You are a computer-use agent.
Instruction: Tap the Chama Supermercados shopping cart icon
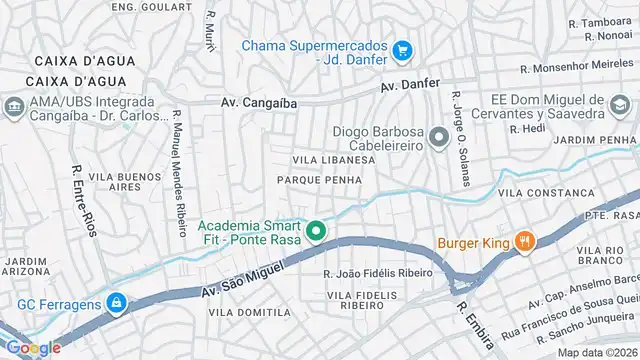click(x=402, y=48)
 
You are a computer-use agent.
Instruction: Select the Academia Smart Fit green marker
click(x=316, y=233)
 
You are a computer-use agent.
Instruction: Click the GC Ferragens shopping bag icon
click(x=117, y=302)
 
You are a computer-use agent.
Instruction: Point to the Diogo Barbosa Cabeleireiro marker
click(x=438, y=137)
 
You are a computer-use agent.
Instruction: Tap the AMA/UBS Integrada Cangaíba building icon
click(x=14, y=106)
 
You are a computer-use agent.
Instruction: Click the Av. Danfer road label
click(x=410, y=85)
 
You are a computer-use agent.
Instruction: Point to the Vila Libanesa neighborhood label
click(x=333, y=160)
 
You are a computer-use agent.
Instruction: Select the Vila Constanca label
click(x=538, y=191)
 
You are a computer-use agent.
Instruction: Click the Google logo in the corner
click(x=33, y=347)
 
